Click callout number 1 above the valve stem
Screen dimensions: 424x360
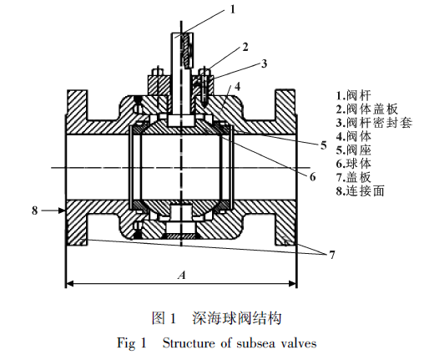click(x=233, y=9)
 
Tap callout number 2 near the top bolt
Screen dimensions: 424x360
click(x=245, y=47)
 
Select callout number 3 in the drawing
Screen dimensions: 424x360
click(x=264, y=63)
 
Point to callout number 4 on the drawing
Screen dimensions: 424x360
click(x=237, y=87)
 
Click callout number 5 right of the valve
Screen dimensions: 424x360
click(x=323, y=145)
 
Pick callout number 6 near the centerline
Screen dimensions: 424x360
click(x=312, y=177)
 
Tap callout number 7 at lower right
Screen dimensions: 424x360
click(x=332, y=255)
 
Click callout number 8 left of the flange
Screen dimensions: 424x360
click(x=34, y=210)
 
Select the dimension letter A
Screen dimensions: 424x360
click(x=182, y=276)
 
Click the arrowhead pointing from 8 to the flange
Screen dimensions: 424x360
click(x=62, y=210)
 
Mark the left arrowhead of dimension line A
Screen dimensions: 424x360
click(x=70, y=284)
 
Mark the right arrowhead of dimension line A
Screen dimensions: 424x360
click(x=292, y=284)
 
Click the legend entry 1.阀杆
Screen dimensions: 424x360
click(x=353, y=95)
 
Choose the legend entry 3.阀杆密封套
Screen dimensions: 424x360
click(x=374, y=123)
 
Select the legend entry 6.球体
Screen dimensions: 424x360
click(x=353, y=164)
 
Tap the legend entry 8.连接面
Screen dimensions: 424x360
click(x=360, y=191)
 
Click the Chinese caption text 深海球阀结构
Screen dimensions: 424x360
click(x=237, y=318)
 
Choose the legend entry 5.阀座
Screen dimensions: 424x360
click(x=353, y=150)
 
